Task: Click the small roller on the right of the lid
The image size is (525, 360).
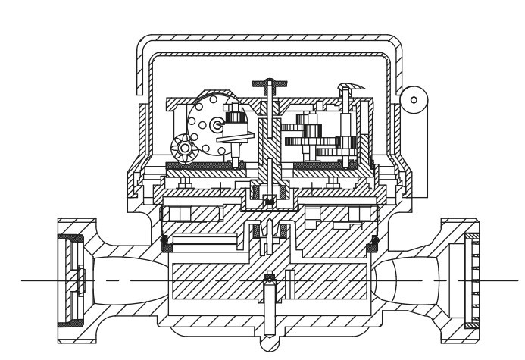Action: pyautogui.click(x=414, y=96)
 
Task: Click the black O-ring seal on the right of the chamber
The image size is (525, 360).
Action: pyautogui.click(x=373, y=244)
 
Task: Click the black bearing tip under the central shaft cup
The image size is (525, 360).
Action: pyautogui.click(x=269, y=201)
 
